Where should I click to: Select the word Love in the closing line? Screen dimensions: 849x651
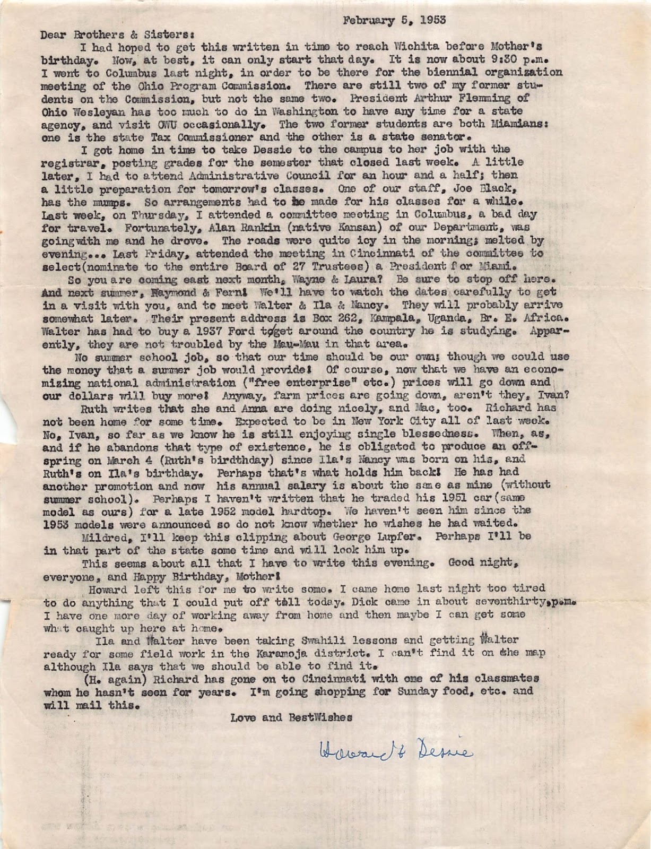click(243, 717)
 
